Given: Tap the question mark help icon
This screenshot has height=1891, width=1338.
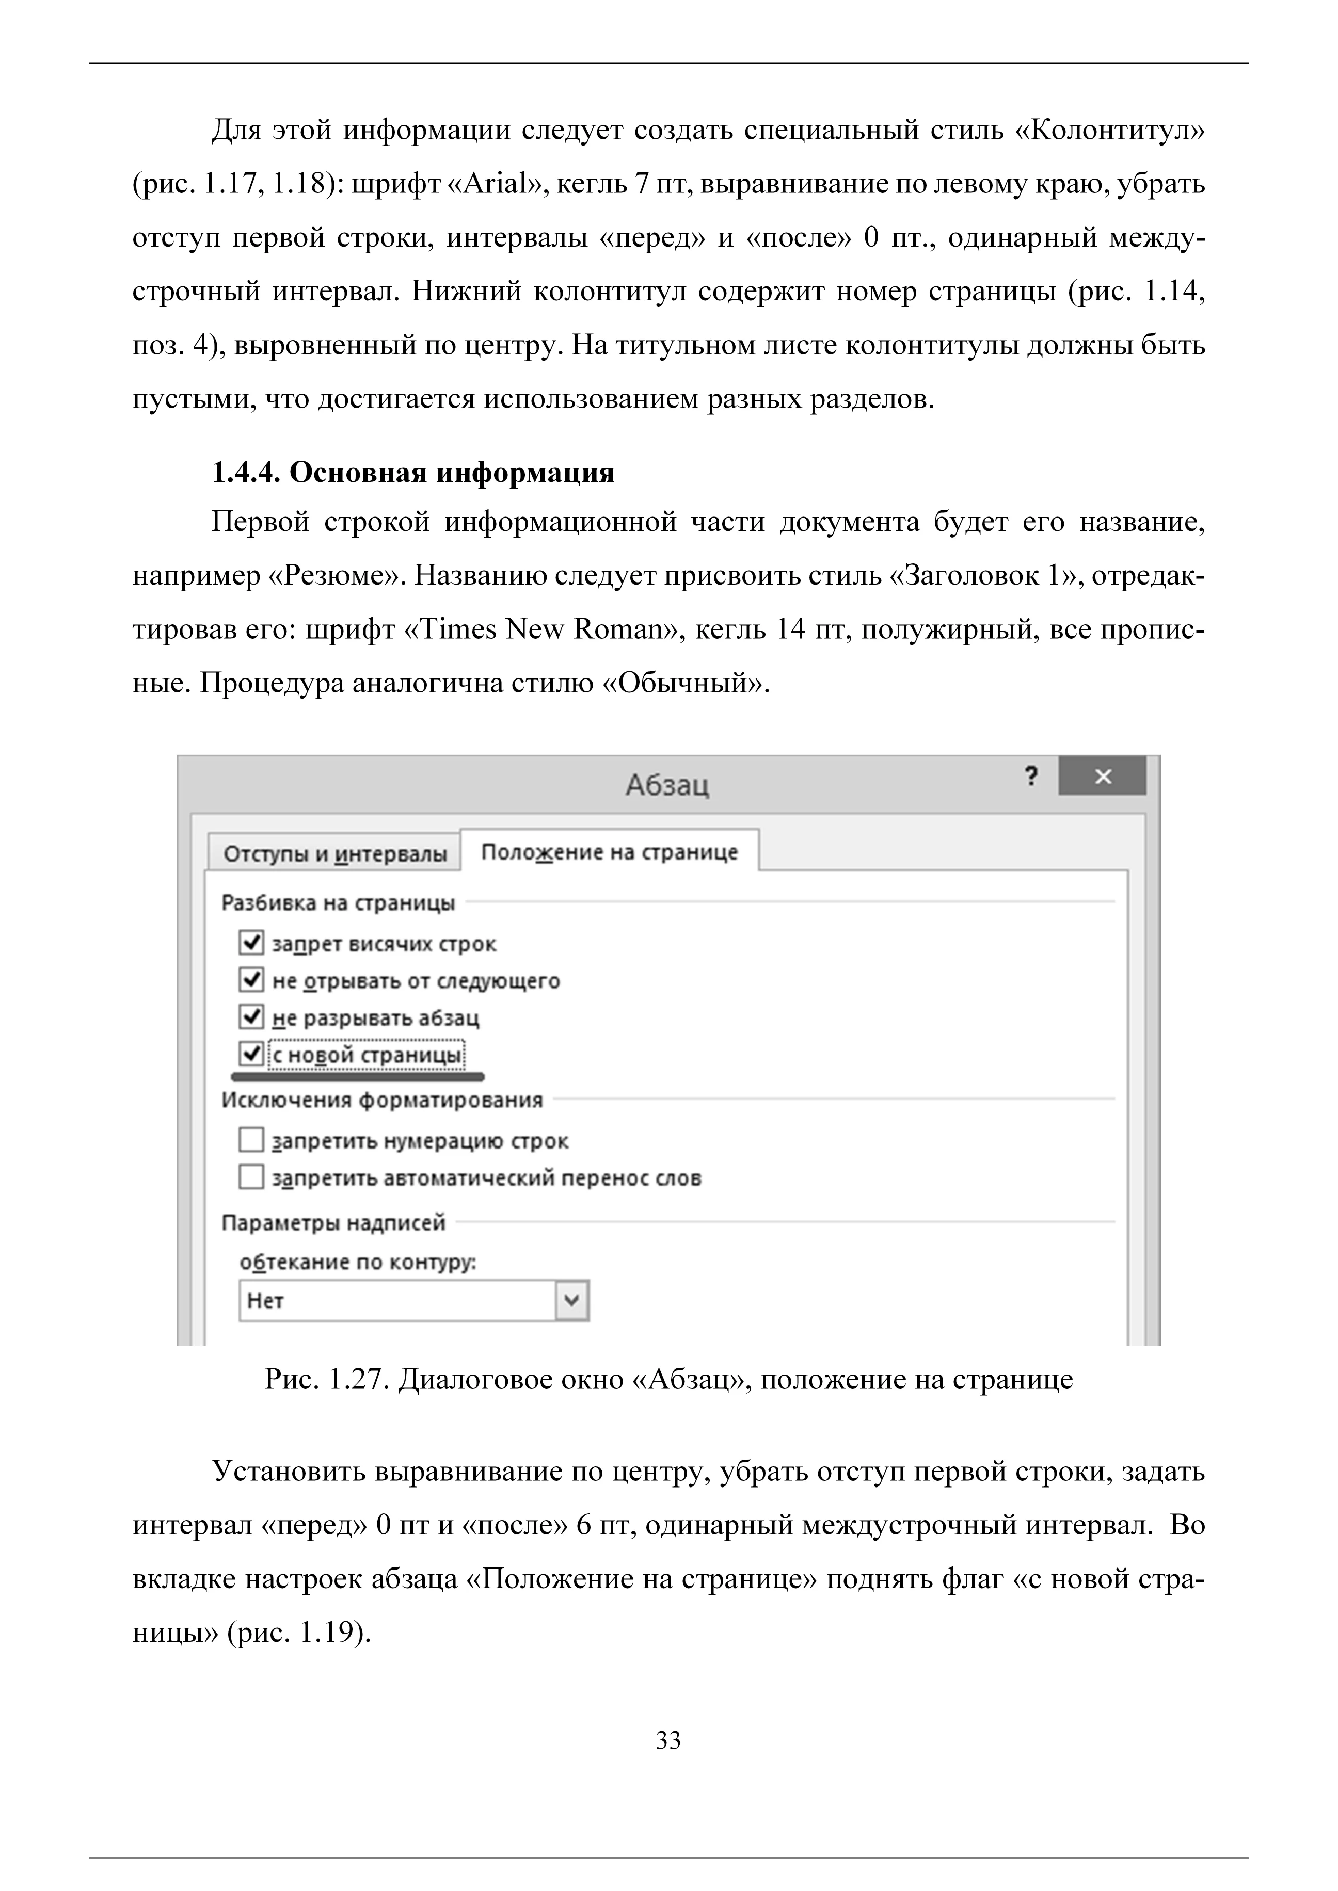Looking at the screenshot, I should (x=1031, y=776).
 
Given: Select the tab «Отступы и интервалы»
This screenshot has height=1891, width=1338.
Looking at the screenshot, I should (x=334, y=854).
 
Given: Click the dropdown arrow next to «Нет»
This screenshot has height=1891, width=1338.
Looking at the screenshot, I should (x=572, y=1301).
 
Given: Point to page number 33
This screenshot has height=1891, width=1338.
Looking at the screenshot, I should (x=668, y=1740).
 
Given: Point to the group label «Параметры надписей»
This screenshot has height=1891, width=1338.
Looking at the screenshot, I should (x=333, y=1223).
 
